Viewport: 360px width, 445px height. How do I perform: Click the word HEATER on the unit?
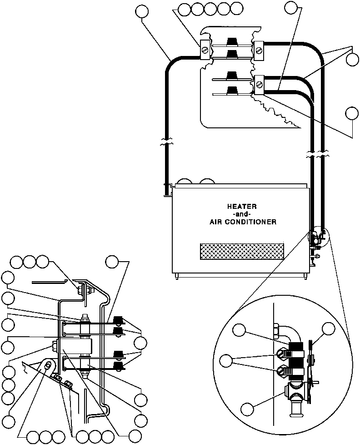pyautogui.click(x=239, y=206)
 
